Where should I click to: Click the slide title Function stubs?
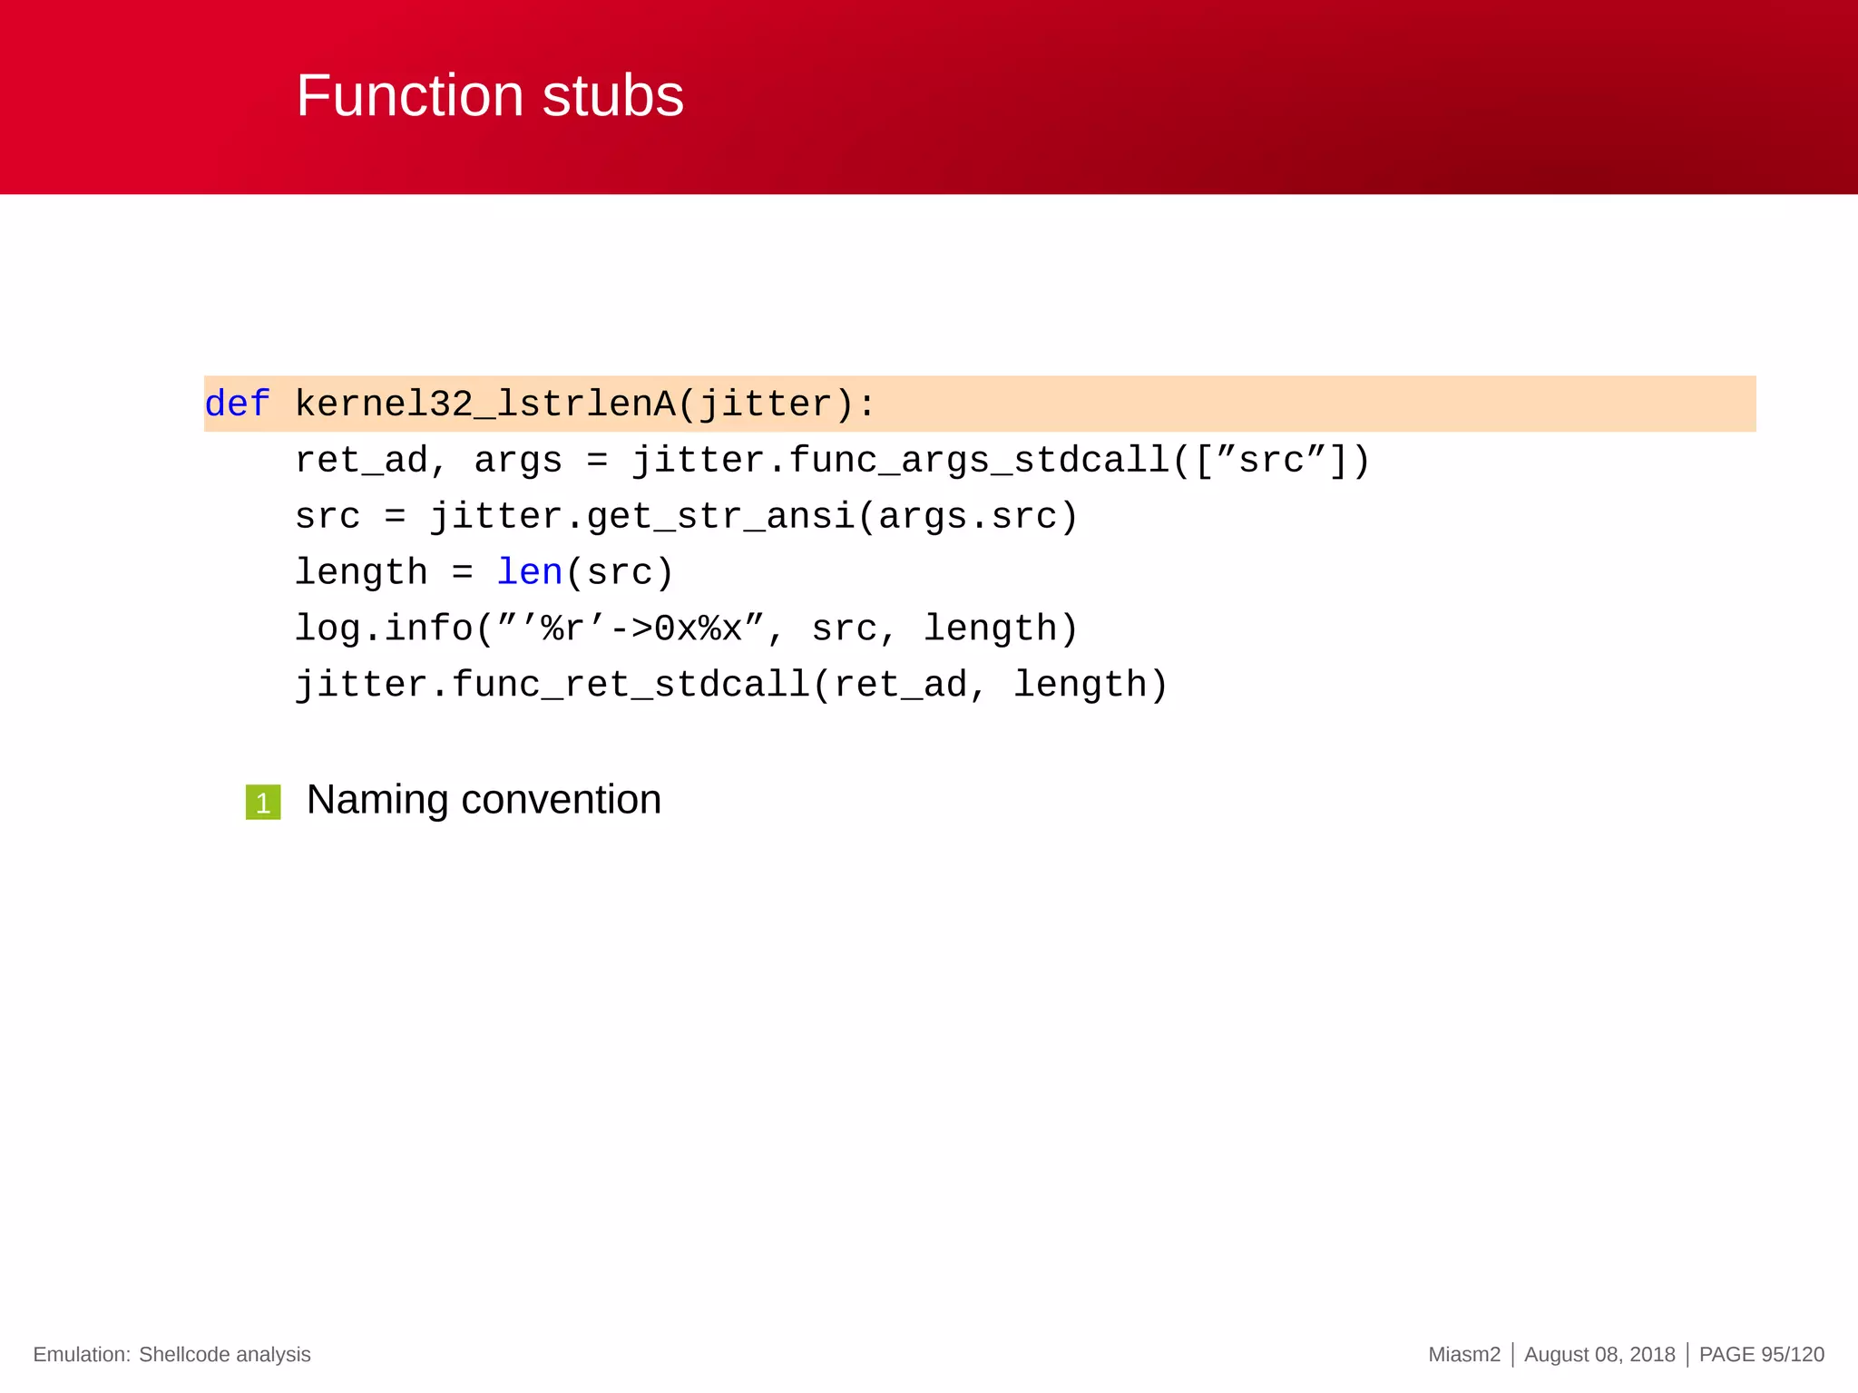point(490,95)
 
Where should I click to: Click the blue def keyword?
point(237,404)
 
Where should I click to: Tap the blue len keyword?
point(530,572)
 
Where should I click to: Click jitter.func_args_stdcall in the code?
point(901,460)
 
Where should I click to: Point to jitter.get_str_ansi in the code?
point(642,516)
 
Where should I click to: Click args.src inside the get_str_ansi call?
point(967,516)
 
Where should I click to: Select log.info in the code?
point(383,628)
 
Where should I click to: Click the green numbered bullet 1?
point(263,803)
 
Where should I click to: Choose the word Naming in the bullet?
point(377,800)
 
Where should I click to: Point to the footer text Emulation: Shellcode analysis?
point(171,1354)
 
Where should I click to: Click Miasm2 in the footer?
point(1463,1354)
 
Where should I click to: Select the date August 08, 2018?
point(1599,1354)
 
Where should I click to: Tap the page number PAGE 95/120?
point(1761,1354)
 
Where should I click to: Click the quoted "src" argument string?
point(1272,460)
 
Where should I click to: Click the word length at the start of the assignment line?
point(361,572)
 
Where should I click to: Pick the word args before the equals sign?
point(518,460)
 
